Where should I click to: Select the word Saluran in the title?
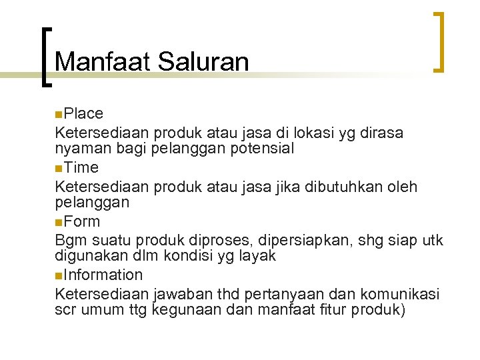pyautogui.click(x=203, y=62)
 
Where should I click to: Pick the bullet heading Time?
pyautogui.click(x=81, y=167)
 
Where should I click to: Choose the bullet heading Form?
pyautogui.click(x=82, y=221)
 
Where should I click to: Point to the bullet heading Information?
pyautogui.click(x=103, y=275)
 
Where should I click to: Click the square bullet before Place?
pyautogui.click(x=59, y=114)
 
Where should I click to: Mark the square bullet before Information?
pyautogui.click(x=59, y=275)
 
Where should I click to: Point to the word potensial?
pyautogui.click(x=261, y=148)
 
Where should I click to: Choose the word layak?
pyautogui.click(x=257, y=255)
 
